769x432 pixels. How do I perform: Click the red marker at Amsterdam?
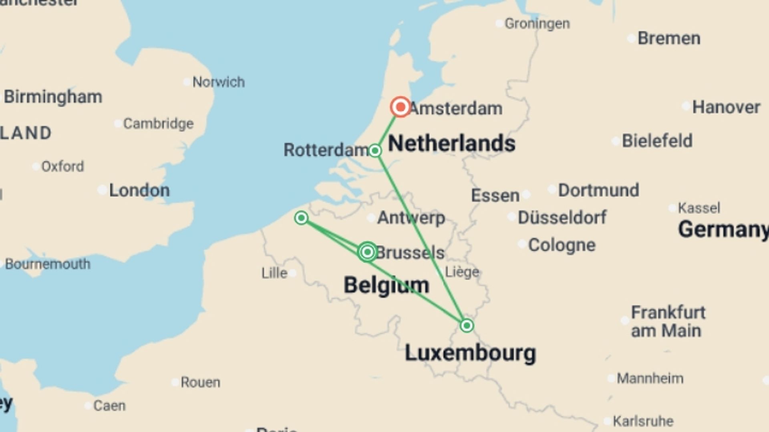(400, 107)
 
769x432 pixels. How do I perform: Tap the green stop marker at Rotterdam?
(375, 151)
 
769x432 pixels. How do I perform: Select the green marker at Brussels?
(367, 252)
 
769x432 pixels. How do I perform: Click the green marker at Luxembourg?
(467, 326)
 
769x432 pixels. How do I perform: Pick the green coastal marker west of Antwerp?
(301, 218)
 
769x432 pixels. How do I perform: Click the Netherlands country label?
(451, 144)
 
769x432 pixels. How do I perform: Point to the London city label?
(139, 190)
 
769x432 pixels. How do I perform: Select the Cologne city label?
(562, 245)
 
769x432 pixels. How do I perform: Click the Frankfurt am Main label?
(668, 322)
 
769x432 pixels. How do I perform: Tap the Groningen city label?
(537, 24)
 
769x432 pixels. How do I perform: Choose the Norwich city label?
(218, 82)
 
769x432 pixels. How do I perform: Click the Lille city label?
(274, 273)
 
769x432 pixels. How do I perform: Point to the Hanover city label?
(726, 107)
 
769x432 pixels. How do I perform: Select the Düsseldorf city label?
(562, 218)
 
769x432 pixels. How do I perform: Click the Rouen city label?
(200, 382)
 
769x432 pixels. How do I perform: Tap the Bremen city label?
(669, 38)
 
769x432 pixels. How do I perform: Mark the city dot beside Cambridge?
(118, 124)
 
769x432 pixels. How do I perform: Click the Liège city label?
(462, 272)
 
